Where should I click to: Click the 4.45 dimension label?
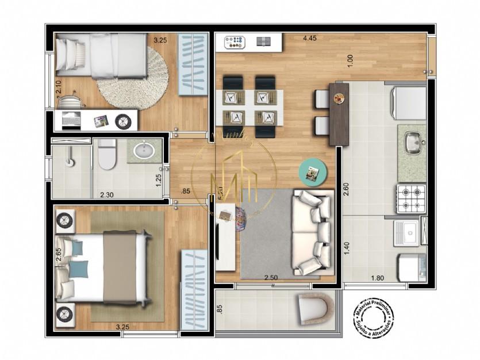pos(311,39)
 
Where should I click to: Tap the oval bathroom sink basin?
pos(143,151)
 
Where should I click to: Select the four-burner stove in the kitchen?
pos(410,198)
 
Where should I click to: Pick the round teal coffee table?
pos(313,171)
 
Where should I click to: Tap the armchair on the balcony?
pos(314,309)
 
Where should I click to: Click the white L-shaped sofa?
pos(313,231)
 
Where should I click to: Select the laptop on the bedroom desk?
pos(71,120)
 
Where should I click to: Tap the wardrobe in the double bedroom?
pos(193,289)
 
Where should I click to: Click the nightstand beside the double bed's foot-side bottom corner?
pos(65,313)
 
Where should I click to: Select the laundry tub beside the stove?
pos(408,233)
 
